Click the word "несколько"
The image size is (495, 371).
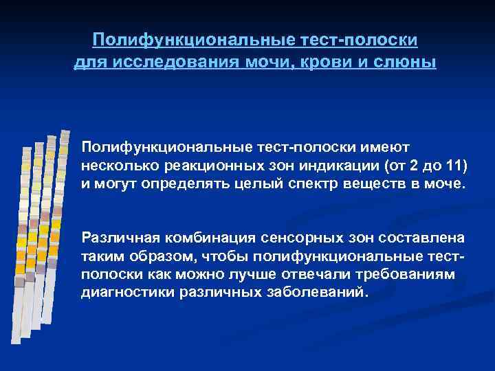click(118, 166)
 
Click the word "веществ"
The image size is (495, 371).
click(368, 185)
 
